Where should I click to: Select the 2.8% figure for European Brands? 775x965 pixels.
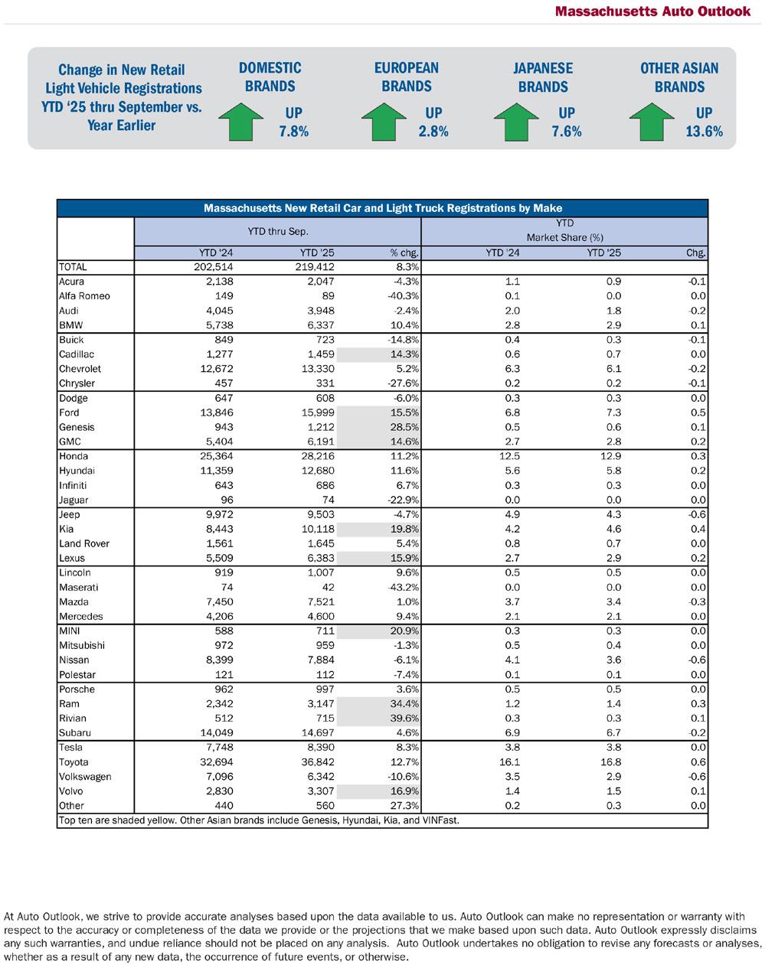pos(433,131)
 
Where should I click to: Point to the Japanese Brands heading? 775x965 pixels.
pos(543,77)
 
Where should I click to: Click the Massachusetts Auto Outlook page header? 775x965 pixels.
pos(652,11)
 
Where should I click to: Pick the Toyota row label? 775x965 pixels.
pos(74,762)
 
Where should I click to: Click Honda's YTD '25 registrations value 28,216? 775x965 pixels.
pos(315,456)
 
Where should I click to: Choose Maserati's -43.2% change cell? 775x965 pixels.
pos(401,587)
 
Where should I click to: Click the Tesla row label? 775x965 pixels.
pos(70,748)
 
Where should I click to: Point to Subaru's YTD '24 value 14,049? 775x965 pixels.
pos(214,733)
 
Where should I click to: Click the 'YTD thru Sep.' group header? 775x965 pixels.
pos(278,230)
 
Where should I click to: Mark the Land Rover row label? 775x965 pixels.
pos(84,543)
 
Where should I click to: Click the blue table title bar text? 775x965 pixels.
pos(383,208)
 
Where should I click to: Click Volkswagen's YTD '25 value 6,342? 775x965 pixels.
pos(318,777)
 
